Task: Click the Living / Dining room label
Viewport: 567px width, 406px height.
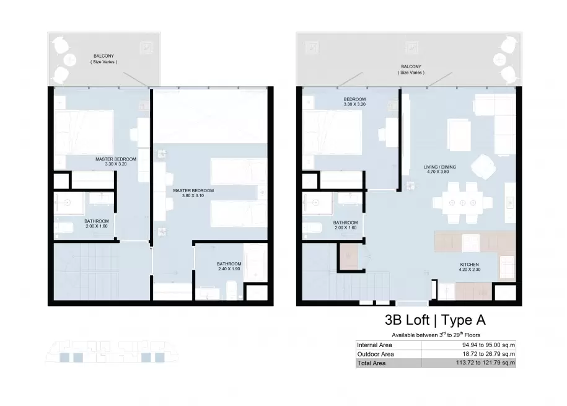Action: coord(440,169)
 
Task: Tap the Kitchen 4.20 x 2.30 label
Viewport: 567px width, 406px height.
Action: coord(469,267)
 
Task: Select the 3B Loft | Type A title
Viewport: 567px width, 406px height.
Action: coord(435,320)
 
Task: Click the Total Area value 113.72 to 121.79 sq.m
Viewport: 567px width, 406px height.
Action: coord(485,363)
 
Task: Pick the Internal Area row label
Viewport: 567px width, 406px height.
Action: coord(374,345)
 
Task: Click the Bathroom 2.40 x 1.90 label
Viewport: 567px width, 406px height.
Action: coord(229,267)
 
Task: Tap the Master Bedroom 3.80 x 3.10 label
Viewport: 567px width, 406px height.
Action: coord(193,193)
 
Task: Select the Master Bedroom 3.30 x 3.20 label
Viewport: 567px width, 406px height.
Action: coord(116,161)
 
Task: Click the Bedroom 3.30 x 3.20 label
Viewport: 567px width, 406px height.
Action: coord(354,102)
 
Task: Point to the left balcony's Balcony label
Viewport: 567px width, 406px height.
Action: coord(103,59)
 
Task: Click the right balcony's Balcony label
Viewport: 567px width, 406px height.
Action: coord(411,69)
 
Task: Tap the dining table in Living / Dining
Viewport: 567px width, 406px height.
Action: coord(462,203)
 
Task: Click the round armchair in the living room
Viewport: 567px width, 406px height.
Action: coord(483,166)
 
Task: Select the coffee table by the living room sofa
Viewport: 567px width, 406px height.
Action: coord(459,135)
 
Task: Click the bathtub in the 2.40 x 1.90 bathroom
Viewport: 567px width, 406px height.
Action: coord(255,262)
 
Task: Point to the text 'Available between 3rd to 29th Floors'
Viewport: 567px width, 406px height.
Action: coord(436,335)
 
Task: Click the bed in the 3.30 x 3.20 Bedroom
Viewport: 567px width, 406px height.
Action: coord(332,133)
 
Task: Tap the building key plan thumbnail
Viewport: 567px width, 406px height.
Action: coord(112,351)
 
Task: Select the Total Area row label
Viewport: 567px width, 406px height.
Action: coord(371,363)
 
